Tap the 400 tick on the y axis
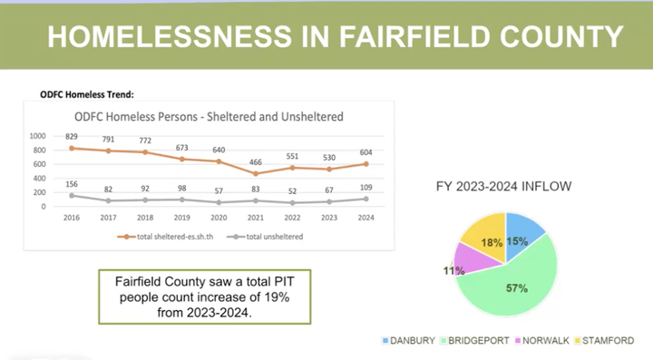coord(38,178)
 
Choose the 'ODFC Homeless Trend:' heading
coord(87,92)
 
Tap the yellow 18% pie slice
coord(482,235)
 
